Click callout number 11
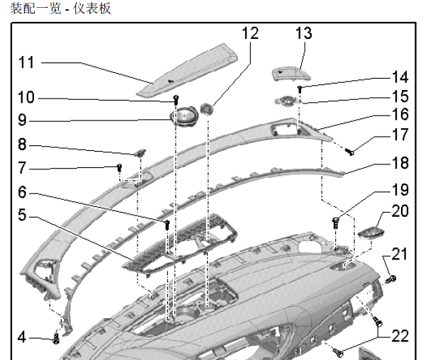tap(26, 62)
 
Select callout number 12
tap(250, 33)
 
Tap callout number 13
tap(303, 33)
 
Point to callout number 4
tap(22, 337)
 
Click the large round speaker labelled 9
tap(185, 115)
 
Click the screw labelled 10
tap(176, 99)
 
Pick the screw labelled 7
tap(120, 168)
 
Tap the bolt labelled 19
tap(335, 222)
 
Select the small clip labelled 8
tap(140, 152)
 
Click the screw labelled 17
tap(349, 150)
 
